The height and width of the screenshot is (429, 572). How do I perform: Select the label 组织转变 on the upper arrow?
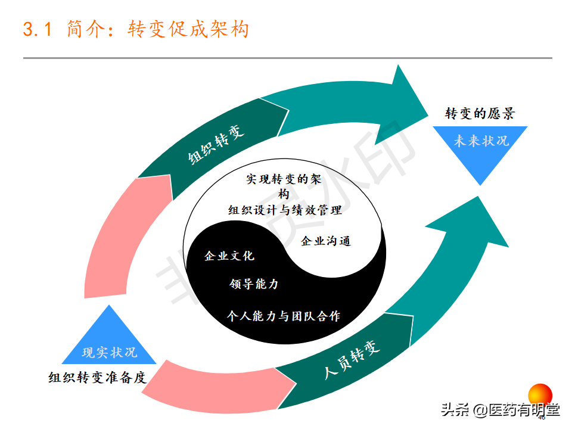(216, 143)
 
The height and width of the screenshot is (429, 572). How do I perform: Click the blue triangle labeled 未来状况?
(481, 149)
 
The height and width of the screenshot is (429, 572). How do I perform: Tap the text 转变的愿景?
(480, 114)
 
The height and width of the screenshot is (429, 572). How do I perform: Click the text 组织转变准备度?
(97, 378)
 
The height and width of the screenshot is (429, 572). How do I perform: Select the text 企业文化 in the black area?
(229, 256)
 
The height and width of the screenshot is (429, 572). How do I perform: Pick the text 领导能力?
(254, 284)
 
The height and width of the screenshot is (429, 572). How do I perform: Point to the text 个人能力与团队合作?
(284, 316)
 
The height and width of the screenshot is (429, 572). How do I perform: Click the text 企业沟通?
(326, 241)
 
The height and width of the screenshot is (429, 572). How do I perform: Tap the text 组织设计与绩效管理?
(285, 210)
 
